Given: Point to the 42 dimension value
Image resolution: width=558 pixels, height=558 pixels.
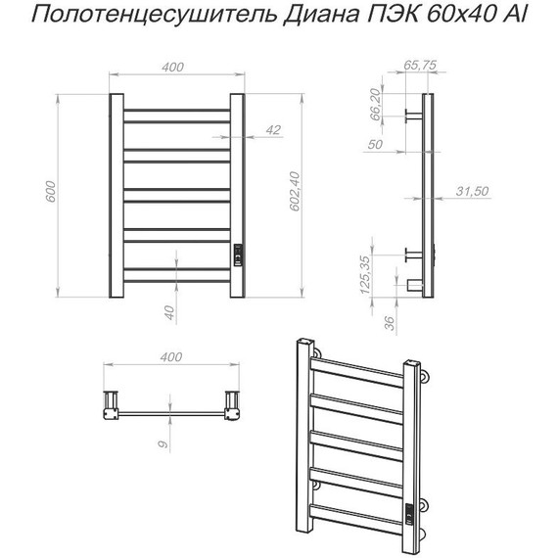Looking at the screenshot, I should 273,129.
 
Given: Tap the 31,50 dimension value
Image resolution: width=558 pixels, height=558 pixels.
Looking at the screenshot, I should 472,191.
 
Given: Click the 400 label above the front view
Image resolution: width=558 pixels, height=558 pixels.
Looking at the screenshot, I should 172,67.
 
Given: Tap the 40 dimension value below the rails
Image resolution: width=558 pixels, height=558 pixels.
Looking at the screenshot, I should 168,313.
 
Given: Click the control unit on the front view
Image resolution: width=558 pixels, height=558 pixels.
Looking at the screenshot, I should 237,255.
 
